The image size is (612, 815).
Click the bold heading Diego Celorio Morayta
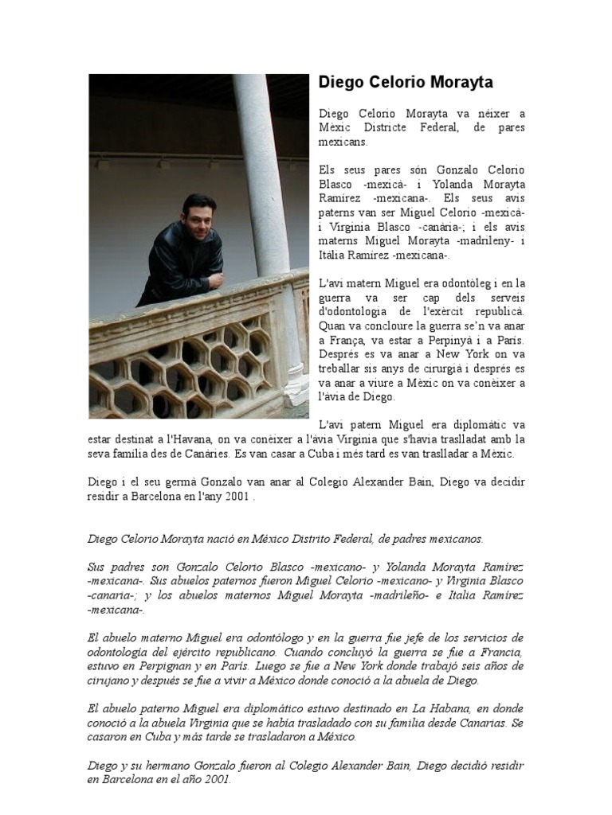tap(405, 83)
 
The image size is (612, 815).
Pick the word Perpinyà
tap(452, 339)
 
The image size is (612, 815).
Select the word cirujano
tap(111, 681)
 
